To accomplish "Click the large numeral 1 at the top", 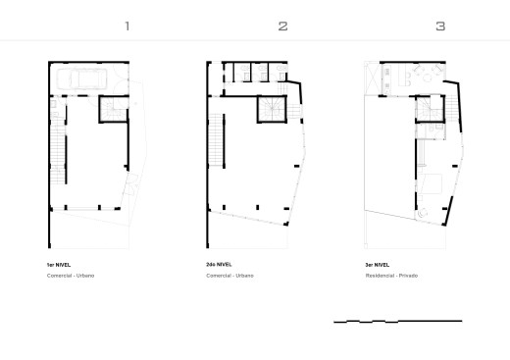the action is pyautogui.click(x=127, y=26).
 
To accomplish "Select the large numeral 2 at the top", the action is pyautogui.click(x=283, y=26).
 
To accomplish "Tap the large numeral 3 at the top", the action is pyautogui.click(x=440, y=26).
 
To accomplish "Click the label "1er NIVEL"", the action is pyautogui.click(x=59, y=265).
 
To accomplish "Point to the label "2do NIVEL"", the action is pyautogui.click(x=219, y=265).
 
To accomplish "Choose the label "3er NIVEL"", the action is pyautogui.click(x=378, y=265).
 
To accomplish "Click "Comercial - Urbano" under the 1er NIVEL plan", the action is pyautogui.click(x=71, y=276).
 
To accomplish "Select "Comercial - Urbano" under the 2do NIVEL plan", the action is pyautogui.click(x=229, y=276).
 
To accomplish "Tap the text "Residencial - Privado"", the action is pyautogui.click(x=391, y=276).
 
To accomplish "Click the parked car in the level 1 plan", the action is pyautogui.click(x=81, y=78).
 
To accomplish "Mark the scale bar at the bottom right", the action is pyautogui.click(x=398, y=321).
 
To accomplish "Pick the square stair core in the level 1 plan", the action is pyautogui.click(x=114, y=109).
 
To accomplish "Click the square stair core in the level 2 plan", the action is pyautogui.click(x=272, y=109).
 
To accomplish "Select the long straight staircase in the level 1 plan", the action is pyautogui.click(x=58, y=145).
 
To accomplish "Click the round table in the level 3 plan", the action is pyautogui.click(x=428, y=77).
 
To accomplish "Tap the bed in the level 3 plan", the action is pyautogui.click(x=431, y=183).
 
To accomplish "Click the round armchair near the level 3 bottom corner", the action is pyautogui.click(x=423, y=213).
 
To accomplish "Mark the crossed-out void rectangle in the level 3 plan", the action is pyautogui.click(x=373, y=78).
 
